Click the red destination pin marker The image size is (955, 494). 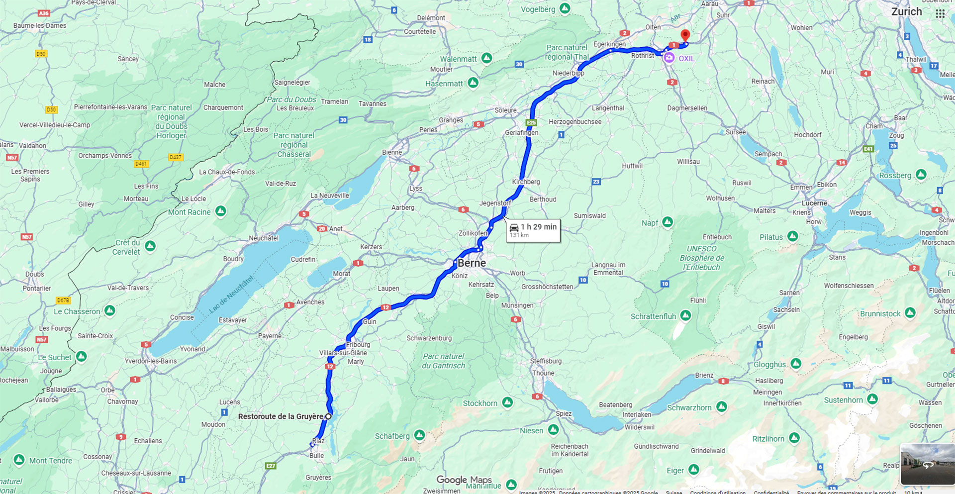click(685, 35)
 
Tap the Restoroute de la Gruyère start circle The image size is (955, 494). click(328, 416)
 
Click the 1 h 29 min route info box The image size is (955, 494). click(533, 230)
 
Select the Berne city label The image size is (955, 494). click(472, 263)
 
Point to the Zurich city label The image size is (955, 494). click(906, 12)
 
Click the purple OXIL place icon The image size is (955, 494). click(669, 58)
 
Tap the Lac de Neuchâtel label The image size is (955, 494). click(231, 294)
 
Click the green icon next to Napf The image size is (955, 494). click(668, 222)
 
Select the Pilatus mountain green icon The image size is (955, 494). click(793, 236)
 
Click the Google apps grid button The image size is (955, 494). click(940, 14)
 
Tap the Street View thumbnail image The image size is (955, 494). click(927, 464)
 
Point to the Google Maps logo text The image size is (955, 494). click(464, 480)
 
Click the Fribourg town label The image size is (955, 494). click(358, 345)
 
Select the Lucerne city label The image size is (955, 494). click(814, 203)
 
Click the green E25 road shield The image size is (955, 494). click(531, 122)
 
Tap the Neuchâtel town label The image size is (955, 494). click(264, 238)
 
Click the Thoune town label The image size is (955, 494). click(543, 373)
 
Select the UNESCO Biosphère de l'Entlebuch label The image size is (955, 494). click(701, 258)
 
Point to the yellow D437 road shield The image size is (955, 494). click(176, 157)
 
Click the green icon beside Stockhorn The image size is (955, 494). click(507, 402)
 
